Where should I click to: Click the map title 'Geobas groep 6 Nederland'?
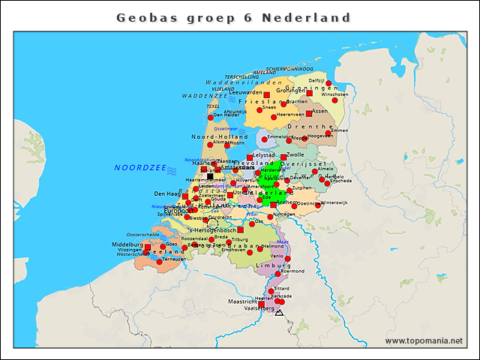point(234,16)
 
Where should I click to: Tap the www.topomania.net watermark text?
point(424,341)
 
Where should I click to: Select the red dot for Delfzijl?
point(328,83)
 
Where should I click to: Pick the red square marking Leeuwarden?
point(267,95)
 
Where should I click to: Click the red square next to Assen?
point(309,114)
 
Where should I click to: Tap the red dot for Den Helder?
point(219,115)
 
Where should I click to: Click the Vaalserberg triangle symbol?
point(279,311)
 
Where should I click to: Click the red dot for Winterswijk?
point(319,203)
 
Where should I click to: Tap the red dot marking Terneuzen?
point(159,262)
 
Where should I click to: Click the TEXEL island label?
point(212,106)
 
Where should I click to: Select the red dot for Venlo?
point(287,259)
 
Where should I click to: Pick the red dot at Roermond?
point(277,274)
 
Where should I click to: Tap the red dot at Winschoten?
point(334,100)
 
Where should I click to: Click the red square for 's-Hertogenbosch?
point(241,230)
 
